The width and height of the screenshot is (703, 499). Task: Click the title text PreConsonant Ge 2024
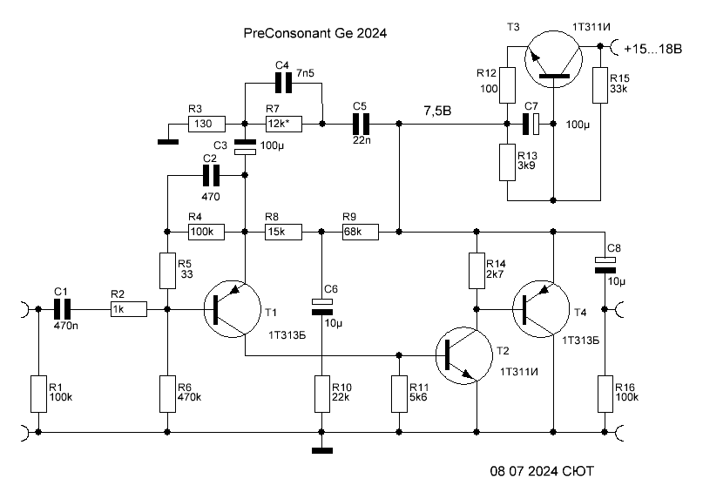click(x=314, y=33)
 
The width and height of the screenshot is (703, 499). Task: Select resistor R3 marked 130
click(x=206, y=124)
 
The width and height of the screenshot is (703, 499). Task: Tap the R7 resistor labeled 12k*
click(x=283, y=124)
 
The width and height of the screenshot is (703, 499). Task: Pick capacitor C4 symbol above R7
click(x=283, y=83)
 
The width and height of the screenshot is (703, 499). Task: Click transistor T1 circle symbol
click(x=233, y=309)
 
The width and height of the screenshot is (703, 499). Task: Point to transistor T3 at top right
click(x=553, y=59)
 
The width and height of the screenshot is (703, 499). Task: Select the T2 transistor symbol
click(x=464, y=355)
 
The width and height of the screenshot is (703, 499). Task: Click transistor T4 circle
click(x=541, y=309)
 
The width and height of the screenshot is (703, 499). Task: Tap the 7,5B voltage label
click(x=437, y=111)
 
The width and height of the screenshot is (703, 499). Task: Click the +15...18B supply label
click(x=652, y=49)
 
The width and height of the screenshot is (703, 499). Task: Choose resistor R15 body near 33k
click(x=600, y=85)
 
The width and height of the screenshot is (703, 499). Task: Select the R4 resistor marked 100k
click(x=206, y=233)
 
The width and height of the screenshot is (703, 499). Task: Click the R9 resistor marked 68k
click(x=361, y=233)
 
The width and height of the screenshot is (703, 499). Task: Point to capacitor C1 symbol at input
click(x=63, y=309)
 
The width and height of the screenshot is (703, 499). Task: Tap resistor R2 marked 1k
click(x=129, y=309)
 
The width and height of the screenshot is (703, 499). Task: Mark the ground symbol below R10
click(x=322, y=450)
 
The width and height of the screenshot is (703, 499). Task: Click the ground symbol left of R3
click(x=168, y=142)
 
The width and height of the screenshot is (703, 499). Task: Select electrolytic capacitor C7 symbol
click(x=531, y=125)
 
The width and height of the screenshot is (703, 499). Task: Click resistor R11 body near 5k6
click(x=400, y=394)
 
